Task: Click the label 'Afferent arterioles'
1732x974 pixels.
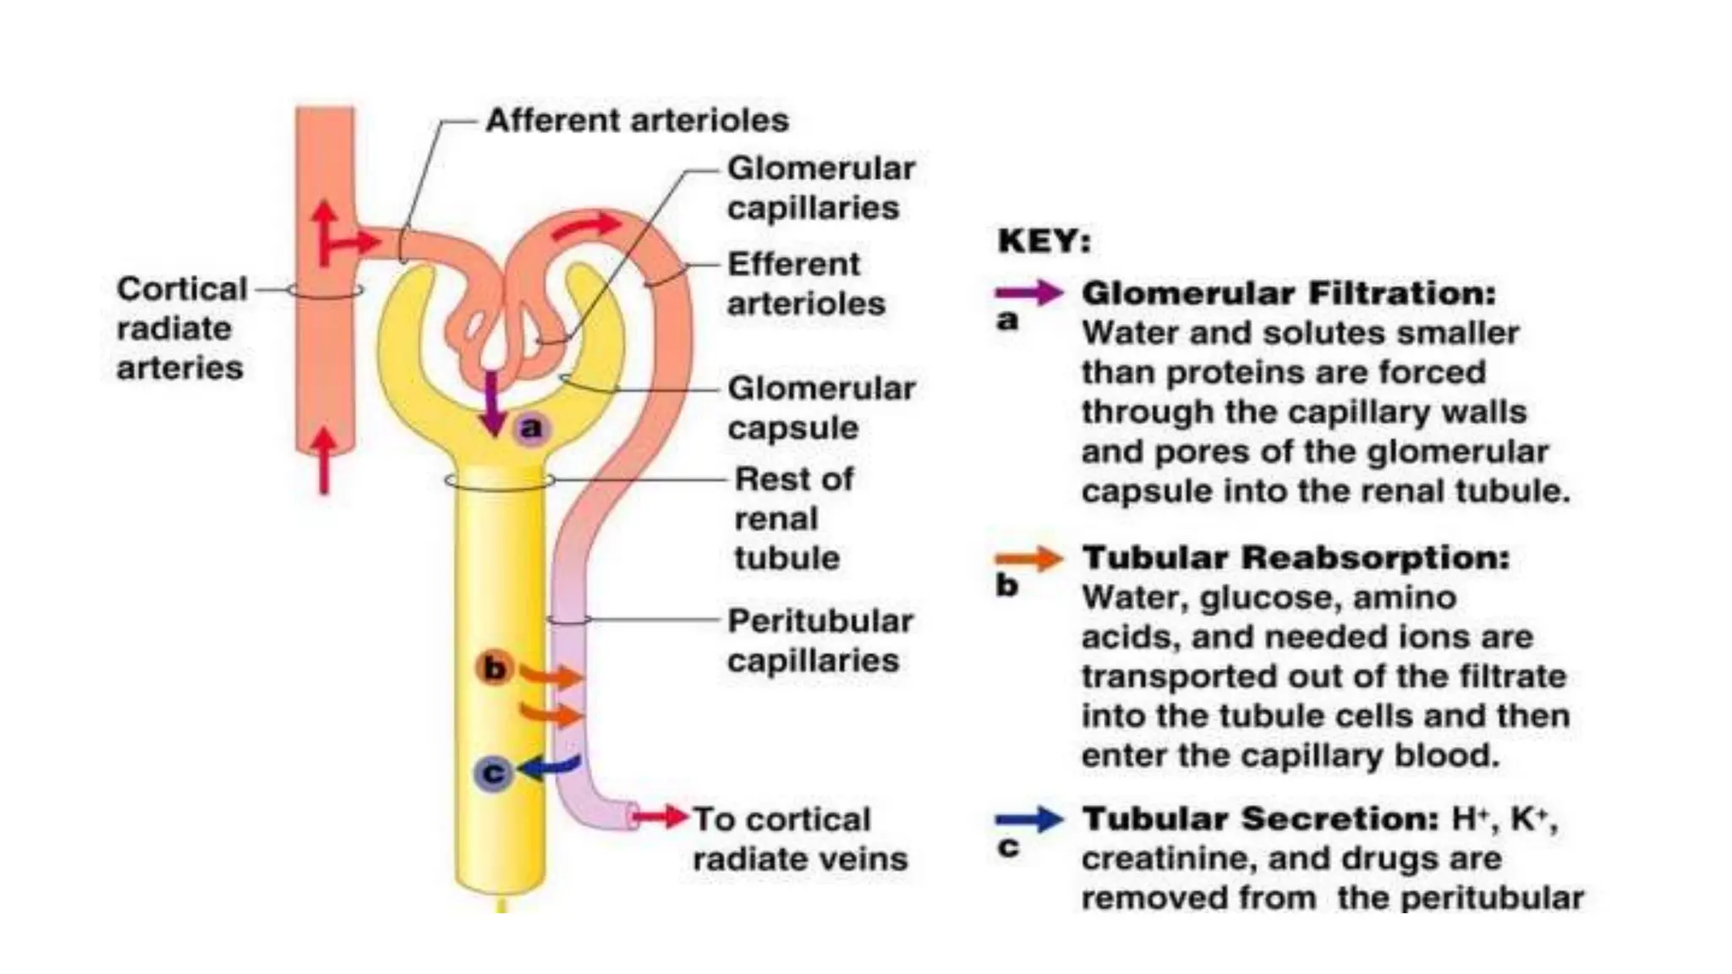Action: (x=636, y=120)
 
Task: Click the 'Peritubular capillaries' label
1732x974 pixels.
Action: (x=819, y=640)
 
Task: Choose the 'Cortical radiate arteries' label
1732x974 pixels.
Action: (x=181, y=328)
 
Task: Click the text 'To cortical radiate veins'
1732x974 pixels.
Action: (x=798, y=839)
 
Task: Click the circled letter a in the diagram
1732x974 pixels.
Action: (x=530, y=428)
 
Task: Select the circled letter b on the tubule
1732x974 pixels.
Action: (x=494, y=668)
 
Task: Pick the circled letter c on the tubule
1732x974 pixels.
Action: (x=493, y=773)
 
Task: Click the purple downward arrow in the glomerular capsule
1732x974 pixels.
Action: (x=491, y=403)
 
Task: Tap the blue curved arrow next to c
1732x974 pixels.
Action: (x=550, y=766)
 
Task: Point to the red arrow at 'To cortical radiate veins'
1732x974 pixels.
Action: (x=660, y=817)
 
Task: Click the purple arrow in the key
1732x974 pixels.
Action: (x=1028, y=293)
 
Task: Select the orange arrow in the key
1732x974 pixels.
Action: (x=1028, y=558)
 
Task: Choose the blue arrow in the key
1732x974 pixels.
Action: (x=1028, y=819)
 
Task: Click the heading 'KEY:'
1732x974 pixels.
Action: (x=1044, y=241)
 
